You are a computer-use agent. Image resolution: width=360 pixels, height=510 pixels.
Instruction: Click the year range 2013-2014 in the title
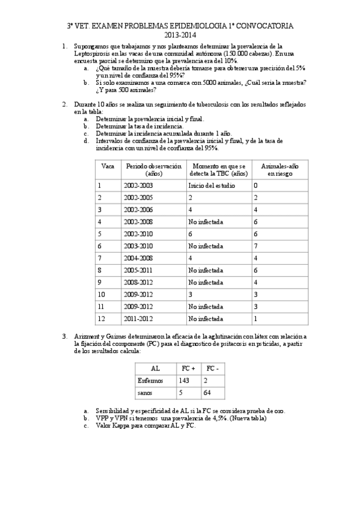pos(180,35)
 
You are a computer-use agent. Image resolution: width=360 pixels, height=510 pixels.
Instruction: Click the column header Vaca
pos(108,165)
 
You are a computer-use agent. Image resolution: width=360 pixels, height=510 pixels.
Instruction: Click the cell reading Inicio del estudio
pos(208,186)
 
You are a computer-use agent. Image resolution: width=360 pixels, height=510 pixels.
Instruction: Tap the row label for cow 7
pos(100,258)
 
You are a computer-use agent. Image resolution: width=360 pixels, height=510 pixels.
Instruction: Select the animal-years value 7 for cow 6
pos(255,246)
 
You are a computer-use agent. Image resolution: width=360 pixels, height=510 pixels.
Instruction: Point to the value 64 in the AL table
pos(208,393)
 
